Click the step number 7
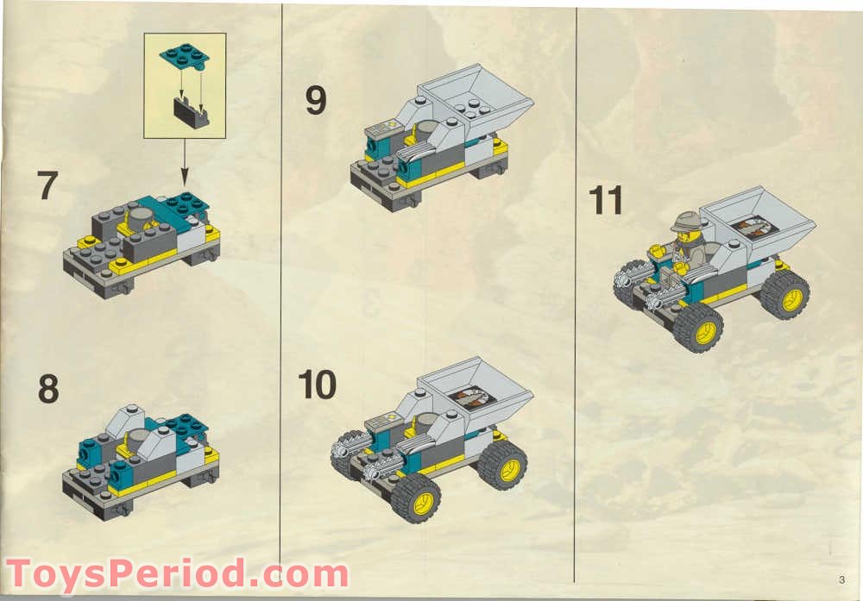(47, 186)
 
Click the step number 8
(48, 389)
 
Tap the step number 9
(316, 101)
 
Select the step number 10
(317, 385)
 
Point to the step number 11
(606, 200)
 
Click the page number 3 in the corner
(839, 579)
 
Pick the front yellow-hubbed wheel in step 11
(698, 327)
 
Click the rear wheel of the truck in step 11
(785, 295)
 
